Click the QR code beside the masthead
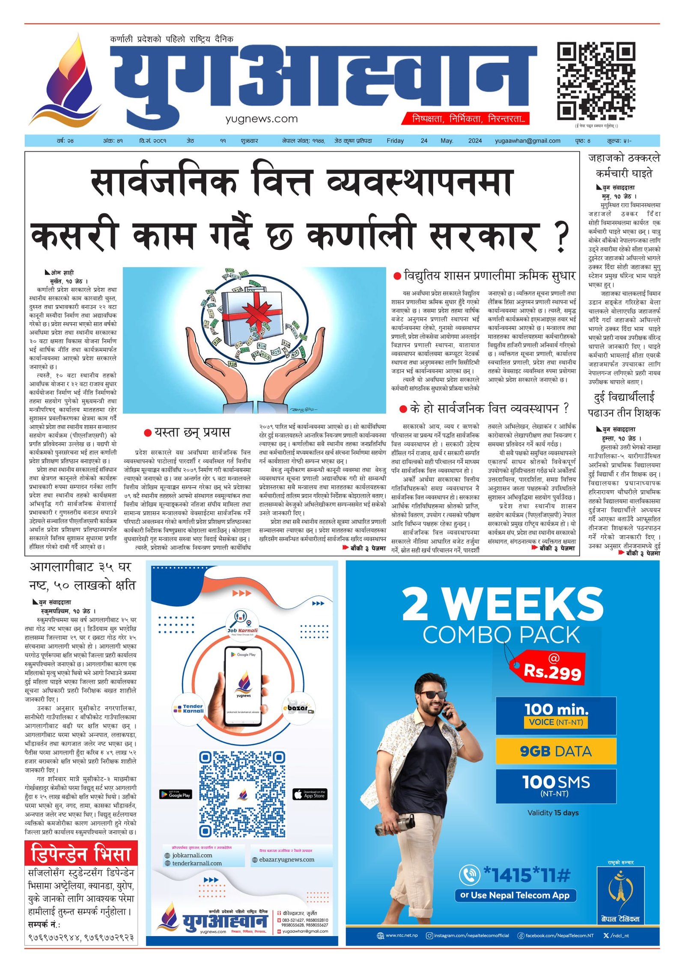click(x=596, y=81)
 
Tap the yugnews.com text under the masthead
click(x=262, y=119)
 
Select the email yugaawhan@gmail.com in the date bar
click(x=527, y=141)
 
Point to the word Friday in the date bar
click(x=395, y=141)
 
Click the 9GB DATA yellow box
click(x=556, y=751)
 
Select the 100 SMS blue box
click(x=556, y=786)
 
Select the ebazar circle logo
click(x=298, y=709)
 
